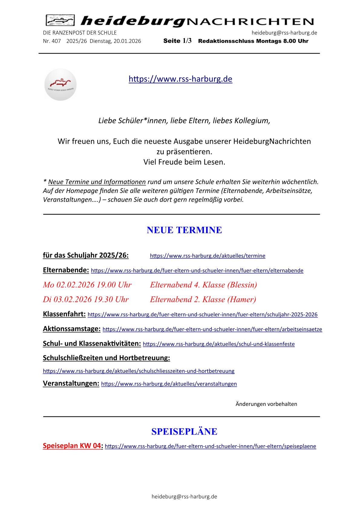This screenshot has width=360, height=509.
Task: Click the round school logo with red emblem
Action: (61, 85)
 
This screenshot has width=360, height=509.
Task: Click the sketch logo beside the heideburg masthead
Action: (60, 21)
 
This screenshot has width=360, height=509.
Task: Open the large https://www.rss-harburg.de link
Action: (180, 79)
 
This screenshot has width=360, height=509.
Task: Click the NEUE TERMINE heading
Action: (184, 230)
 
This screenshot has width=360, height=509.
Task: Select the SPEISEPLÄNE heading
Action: (184, 432)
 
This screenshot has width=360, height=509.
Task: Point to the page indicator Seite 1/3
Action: (177, 41)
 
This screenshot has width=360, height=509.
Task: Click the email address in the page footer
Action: (184, 497)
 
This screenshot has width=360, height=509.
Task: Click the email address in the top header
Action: (284, 33)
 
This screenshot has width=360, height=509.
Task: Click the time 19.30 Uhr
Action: (111, 300)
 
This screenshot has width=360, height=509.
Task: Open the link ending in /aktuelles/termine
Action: (208, 256)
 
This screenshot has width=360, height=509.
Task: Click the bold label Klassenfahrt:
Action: (64, 314)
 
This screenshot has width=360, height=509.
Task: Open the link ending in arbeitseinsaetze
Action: (212, 329)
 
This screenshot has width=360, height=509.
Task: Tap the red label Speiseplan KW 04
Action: (72, 446)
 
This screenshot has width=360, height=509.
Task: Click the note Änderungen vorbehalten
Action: (266, 404)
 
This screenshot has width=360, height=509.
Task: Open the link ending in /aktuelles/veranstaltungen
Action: (169, 384)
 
